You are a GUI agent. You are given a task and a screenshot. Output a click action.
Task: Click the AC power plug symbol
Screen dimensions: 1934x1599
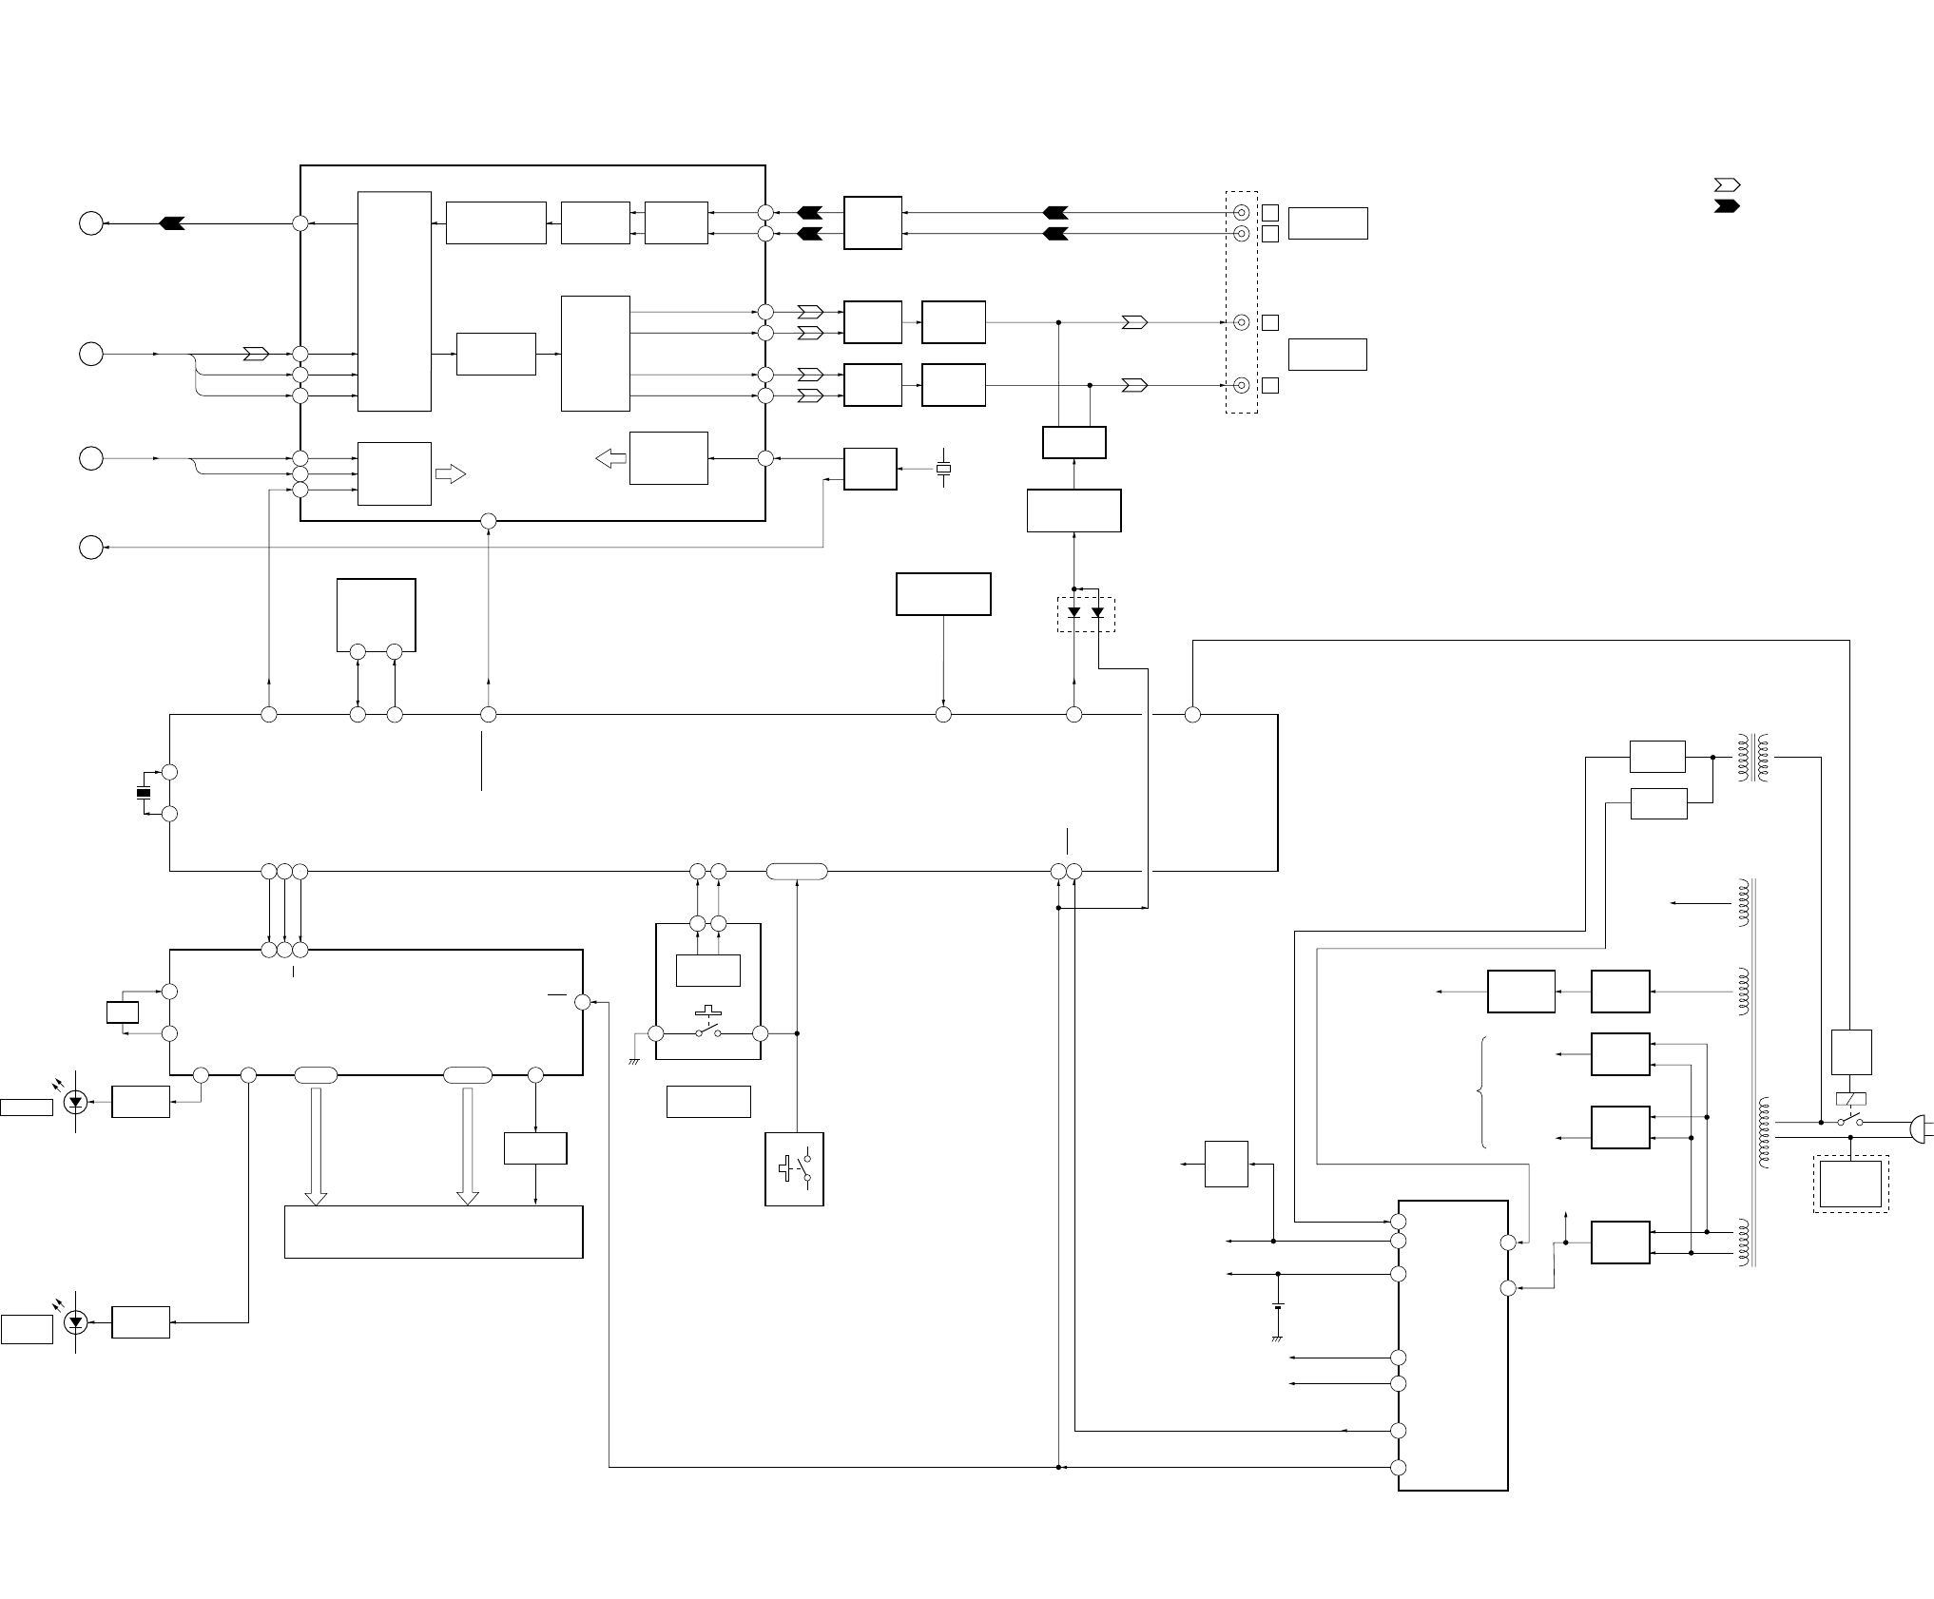(x=1919, y=1127)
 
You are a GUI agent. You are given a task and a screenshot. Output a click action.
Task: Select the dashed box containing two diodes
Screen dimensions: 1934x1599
(x=1086, y=614)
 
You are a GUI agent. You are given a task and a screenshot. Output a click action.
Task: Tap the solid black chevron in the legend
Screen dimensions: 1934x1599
(x=1727, y=206)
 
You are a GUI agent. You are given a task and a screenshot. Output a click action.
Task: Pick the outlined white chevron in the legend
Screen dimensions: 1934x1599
(x=1727, y=184)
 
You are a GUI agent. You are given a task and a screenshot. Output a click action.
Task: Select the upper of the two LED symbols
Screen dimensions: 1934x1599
(x=76, y=1103)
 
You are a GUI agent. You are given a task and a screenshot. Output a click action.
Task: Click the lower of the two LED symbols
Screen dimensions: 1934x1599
(x=76, y=1322)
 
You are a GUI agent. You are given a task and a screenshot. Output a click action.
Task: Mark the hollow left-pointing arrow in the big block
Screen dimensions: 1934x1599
(x=610, y=459)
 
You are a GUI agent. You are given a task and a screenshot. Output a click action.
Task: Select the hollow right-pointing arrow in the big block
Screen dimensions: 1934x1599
(x=451, y=473)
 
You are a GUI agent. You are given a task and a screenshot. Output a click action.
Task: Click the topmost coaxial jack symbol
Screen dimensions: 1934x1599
(x=1241, y=213)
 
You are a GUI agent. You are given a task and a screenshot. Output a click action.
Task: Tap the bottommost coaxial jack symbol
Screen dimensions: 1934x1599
(x=1241, y=385)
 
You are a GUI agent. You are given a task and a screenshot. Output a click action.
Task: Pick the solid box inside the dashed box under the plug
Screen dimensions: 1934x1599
(x=1850, y=1184)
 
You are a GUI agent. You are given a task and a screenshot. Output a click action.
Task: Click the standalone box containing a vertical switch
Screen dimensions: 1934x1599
(x=794, y=1169)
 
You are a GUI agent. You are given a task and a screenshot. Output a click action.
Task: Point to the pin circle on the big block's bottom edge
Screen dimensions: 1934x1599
(x=489, y=521)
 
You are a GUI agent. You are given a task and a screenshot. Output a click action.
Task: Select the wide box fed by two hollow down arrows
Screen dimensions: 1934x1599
(x=434, y=1232)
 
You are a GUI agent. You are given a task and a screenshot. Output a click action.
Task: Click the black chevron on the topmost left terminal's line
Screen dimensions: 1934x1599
(x=172, y=223)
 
